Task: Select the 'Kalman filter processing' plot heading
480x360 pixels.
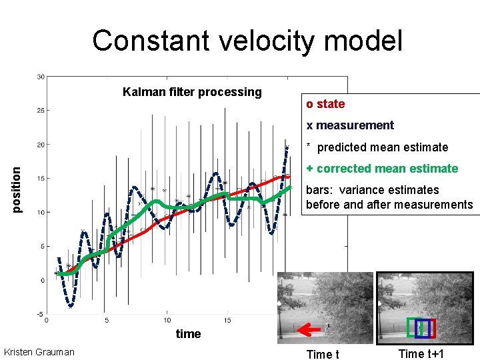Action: [192, 92]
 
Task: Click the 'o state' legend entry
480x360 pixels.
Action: [325, 104]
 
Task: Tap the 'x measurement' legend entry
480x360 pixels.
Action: [350, 125]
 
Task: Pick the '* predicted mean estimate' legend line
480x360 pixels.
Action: [377, 147]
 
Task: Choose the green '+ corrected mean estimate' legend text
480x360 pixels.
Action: [382, 169]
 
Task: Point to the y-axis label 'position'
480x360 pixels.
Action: [19, 189]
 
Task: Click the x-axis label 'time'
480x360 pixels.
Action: [188, 334]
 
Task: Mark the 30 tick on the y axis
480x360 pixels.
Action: [40, 76]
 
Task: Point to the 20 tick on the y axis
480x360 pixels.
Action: [40, 145]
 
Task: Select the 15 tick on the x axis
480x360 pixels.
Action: [228, 321]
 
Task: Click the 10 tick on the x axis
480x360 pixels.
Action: [167, 321]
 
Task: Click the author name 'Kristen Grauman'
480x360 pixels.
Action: [39, 352]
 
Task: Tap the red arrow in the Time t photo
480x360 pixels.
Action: [307, 329]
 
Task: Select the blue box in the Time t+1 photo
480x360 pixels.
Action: [422, 329]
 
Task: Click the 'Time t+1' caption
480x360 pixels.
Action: [421, 354]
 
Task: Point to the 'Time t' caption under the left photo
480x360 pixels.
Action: [322, 354]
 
